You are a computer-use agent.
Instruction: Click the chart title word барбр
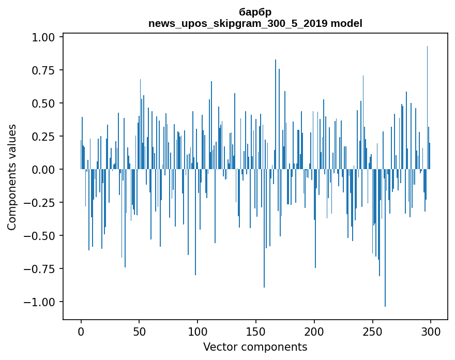(x=255, y=12)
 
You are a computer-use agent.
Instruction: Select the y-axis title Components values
(x=12, y=177)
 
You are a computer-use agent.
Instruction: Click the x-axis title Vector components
(x=255, y=347)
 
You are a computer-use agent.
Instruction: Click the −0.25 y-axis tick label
(x=41, y=203)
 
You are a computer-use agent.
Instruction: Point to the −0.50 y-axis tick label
(x=41, y=236)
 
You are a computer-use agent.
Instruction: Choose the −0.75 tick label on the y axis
(x=41, y=269)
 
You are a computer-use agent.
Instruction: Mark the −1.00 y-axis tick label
(x=41, y=302)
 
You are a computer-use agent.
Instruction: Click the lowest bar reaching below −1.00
(x=385, y=259)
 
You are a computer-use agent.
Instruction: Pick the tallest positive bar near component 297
(x=427, y=103)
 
